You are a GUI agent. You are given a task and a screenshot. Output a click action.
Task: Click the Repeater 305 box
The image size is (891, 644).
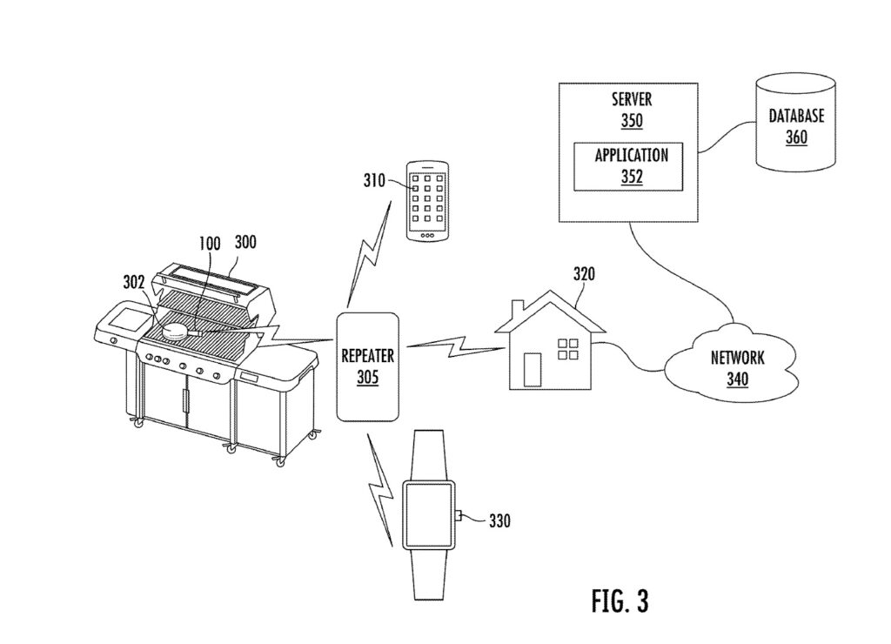point(368,366)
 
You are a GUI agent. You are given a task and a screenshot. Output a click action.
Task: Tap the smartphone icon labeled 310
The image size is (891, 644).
point(427,202)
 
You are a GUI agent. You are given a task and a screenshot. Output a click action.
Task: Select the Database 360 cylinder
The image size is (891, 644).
point(795,122)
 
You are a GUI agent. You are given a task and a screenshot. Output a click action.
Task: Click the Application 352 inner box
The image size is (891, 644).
point(628,166)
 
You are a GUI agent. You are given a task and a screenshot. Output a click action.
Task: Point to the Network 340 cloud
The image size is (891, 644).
point(736,361)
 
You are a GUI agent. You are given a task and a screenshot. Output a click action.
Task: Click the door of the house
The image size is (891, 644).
point(533,370)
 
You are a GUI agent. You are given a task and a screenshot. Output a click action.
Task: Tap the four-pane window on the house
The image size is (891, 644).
point(567,350)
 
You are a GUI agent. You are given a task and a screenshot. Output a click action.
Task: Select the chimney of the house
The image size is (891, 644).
point(517,312)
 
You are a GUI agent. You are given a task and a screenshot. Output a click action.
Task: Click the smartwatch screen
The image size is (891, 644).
point(429,515)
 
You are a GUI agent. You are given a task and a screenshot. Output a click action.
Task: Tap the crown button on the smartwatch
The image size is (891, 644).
point(458,515)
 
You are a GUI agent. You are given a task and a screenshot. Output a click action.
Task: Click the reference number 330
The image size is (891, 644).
point(499,520)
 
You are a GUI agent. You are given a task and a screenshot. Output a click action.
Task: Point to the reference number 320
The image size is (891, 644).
point(584,274)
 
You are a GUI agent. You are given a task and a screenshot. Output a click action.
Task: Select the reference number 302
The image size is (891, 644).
point(134,282)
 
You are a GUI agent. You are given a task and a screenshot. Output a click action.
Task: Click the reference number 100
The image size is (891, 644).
point(209,244)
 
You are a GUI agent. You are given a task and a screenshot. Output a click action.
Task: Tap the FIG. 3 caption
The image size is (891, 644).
point(620,600)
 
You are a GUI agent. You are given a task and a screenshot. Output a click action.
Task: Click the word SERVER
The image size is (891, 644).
point(632,99)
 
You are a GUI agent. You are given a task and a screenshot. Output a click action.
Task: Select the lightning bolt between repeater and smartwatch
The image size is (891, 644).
point(380,489)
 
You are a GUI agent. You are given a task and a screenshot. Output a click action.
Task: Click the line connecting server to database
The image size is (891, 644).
point(727,137)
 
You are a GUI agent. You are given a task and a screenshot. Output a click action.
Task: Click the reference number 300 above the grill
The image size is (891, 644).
point(245,242)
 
